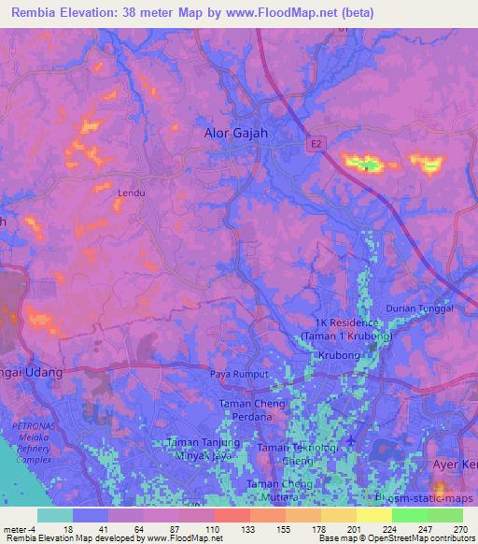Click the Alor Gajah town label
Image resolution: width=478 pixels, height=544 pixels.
pos(236,134)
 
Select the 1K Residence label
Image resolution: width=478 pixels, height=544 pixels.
pos(345,324)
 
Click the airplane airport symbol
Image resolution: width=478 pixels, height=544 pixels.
pos(351,440)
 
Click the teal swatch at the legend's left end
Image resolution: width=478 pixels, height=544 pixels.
pos(55,514)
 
